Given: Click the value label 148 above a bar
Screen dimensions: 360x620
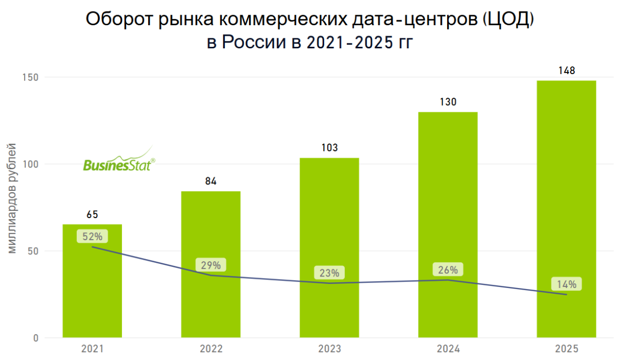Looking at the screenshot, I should (566, 70).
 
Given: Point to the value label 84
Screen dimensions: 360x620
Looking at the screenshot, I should (211, 181).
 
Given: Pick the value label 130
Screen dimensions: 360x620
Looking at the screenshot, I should (448, 102).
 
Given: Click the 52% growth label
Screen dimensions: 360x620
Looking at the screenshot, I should (92, 236).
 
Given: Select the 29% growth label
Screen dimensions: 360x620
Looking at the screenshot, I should (211, 265).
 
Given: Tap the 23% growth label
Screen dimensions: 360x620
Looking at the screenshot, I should (329, 273).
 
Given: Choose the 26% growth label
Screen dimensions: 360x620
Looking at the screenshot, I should (448, 270).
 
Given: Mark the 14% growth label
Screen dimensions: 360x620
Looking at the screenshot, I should (567, 284).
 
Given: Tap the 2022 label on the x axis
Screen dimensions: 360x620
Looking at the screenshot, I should (211, 349).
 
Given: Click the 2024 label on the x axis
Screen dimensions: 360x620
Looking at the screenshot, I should (448, 349).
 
